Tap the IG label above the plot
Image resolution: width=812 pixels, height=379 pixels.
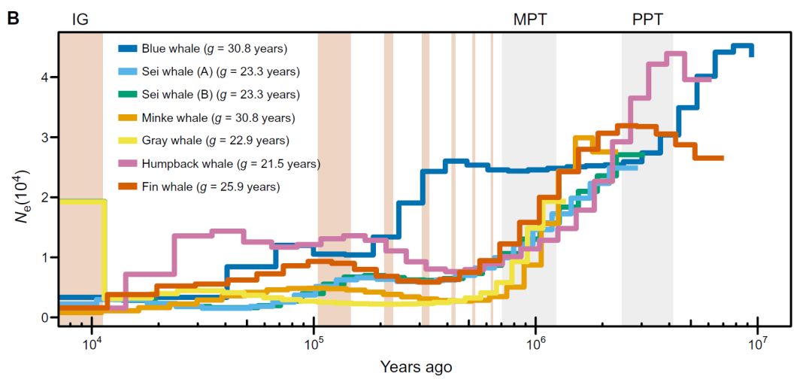pyautogui.click(x=80, y=20)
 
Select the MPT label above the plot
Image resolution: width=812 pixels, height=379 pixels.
pyautogui.click(x=529, y=20)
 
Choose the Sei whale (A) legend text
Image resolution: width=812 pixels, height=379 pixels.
pyautogui.click(x=220, y=71)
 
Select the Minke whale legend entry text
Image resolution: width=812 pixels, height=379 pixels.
pyautogui.click(x=218, y=117)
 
